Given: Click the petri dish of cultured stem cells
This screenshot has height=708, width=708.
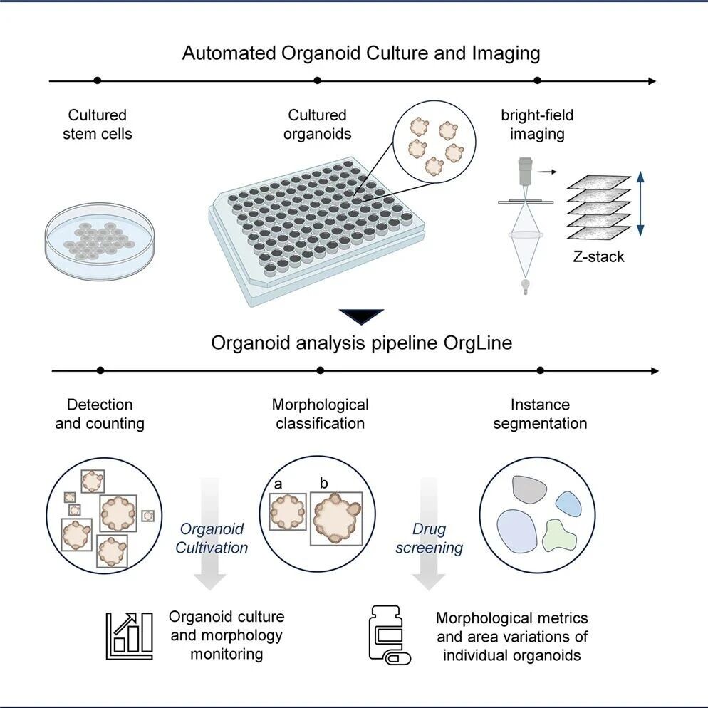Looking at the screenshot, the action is [x=99, y=241].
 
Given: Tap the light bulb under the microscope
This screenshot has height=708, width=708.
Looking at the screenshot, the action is [x=525, y=286].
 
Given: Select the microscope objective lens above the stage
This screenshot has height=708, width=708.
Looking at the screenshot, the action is [x=525, y=171].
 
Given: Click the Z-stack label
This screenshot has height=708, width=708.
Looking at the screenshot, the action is [x=598, y=256].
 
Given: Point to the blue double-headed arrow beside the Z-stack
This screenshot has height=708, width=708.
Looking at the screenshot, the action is [x=640, y=204].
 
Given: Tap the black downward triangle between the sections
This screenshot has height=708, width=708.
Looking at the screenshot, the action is [x=361, y=316].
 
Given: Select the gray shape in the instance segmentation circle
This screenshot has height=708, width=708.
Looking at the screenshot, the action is [x=529, y=489].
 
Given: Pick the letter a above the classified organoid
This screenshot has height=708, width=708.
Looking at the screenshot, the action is [x=278, y=484].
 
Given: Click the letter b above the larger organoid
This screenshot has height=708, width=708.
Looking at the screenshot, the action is [x=323, y=483].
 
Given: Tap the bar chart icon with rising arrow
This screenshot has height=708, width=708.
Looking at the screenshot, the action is [x=129, y=636].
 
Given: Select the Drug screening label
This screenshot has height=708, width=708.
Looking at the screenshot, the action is [x=429, y=538].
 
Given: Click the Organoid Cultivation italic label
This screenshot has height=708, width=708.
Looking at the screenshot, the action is [x=212, y=538].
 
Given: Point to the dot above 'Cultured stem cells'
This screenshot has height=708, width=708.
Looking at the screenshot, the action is [x=97, y=80].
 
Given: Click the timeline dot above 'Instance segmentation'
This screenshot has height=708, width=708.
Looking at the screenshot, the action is [x=540, y=370].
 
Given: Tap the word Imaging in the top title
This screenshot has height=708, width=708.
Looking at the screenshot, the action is [x=506, y=53].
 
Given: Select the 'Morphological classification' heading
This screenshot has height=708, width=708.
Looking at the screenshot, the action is [x=320, y=414].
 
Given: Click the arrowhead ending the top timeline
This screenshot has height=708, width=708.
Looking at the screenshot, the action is [x=652, y=81].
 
